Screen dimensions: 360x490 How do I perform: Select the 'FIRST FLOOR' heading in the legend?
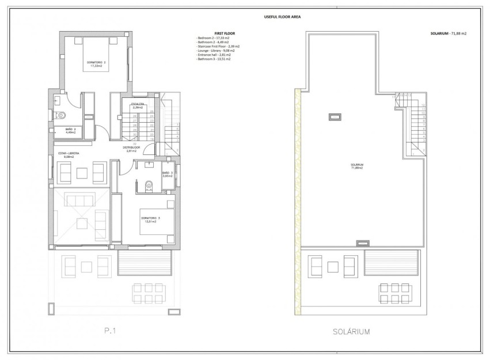209,34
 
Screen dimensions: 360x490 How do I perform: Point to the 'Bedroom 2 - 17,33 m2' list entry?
214,39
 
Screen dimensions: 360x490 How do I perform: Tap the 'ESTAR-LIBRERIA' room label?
69,154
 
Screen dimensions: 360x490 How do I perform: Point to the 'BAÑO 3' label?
167,173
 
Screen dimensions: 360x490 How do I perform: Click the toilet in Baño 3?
148,186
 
